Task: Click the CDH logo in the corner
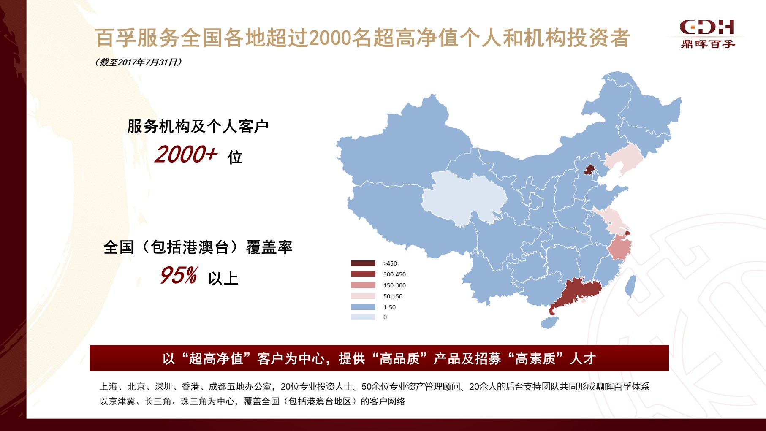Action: pos(707,33)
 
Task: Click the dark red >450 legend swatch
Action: pos(363,263)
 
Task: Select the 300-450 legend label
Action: pos(394,274)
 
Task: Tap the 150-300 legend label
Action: pos(394,285)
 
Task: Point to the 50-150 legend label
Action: pos(393,296)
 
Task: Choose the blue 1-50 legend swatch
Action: pos(363,307)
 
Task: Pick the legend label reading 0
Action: pos(385,317)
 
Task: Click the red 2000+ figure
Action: pos(186,155)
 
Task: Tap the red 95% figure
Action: pos(179,276)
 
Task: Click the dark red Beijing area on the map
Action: pos(589,170)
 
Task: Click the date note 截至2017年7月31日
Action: pos(139,62)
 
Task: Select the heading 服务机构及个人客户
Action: pos(198,126)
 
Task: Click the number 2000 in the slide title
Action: pos(330,38)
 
